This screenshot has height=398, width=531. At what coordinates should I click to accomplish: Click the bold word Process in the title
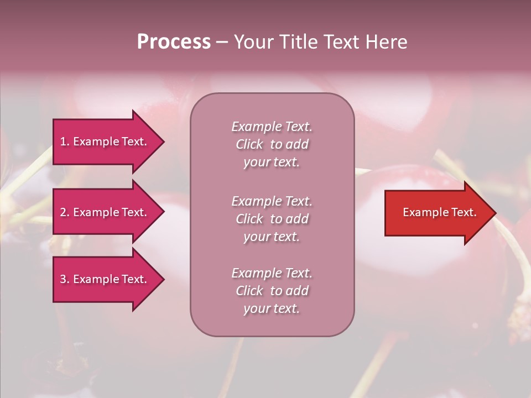pos(174,42)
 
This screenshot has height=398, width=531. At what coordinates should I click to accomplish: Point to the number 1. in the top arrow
pos(65,142)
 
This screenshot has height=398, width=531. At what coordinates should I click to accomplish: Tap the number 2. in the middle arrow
pos(65,213)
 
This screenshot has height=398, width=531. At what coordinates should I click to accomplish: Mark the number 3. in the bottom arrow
pos(65,280)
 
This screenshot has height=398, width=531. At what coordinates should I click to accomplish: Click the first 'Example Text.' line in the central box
pos(272,127)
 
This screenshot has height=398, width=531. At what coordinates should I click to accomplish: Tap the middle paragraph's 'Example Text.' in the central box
pos(272,201)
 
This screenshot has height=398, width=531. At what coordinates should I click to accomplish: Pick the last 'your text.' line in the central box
pos(272,308)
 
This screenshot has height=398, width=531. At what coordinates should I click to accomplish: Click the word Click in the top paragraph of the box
pos(249,145)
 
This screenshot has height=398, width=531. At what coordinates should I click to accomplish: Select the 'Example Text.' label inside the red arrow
pos(439,212)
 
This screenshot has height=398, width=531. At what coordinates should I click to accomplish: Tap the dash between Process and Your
pos(222,42)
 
